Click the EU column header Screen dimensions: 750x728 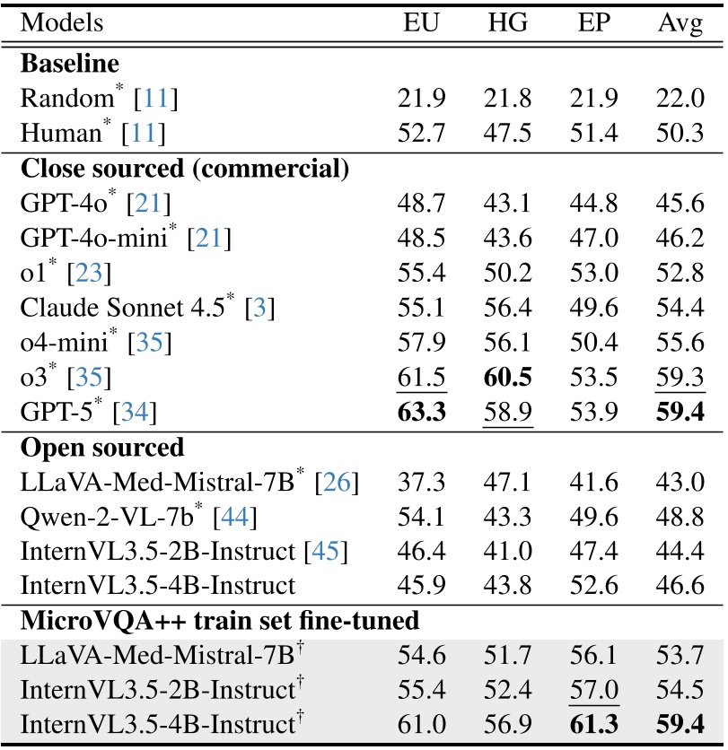[421, 23]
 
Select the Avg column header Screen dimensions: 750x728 [680, 24]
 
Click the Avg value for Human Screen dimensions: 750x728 [680, 134]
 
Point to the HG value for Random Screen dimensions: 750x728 [508, 100]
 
